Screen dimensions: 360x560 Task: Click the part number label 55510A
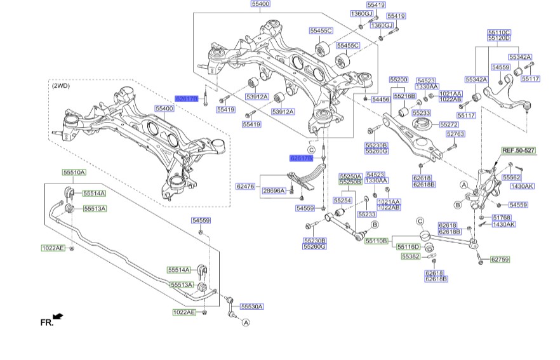point(74,172)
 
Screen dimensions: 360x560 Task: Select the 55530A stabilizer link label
point(251,307)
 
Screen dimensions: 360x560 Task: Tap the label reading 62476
point(244,187)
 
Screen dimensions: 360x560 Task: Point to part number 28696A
point(274,190)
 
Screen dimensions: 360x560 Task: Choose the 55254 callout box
point(343,200)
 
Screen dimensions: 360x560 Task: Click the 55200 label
point(398,80)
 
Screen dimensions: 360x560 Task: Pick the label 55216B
point(404,96)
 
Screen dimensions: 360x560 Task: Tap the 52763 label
point(455,134)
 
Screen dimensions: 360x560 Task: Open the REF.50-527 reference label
point(518,150)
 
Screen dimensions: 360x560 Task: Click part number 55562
point(512,178)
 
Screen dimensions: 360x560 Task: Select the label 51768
point(501,217)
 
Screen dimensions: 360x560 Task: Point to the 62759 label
point(500,259)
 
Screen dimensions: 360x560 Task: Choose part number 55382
point(410,257)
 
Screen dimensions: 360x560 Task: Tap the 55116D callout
point(408,246)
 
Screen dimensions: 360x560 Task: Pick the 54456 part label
point(381,100)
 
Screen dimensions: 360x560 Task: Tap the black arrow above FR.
point(58,316)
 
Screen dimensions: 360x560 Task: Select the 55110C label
point(499,31)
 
